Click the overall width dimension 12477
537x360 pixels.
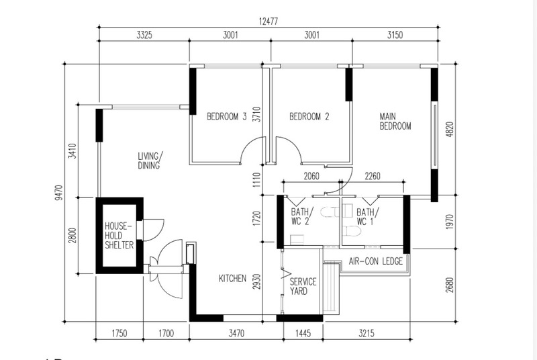click(x=268, y=21)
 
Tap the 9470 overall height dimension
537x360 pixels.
click(x=59, y=193)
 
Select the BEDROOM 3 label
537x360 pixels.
click(x=226, y=116)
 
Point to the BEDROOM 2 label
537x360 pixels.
click(x=309, y=116)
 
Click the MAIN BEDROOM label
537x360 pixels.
click(x=395, y=122)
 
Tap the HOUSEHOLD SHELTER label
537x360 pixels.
click(x=119, y=236)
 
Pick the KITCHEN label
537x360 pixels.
click(x=232, y=279)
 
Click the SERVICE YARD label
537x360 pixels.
click(x=303, y=286)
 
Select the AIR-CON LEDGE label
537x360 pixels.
click(x=376, y=261)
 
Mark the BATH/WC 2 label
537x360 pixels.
click(x=300, y=216)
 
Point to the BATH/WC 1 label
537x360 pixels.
click(x=368, y=217)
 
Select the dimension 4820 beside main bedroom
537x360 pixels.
click(x=450, y=129)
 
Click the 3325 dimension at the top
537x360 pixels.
click(x=144, y=35)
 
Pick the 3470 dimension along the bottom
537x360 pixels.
click(x=236, y=333)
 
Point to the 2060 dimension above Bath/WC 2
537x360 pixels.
click(x=311, y=176)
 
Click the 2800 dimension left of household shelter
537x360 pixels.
click(x=72, y=235)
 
